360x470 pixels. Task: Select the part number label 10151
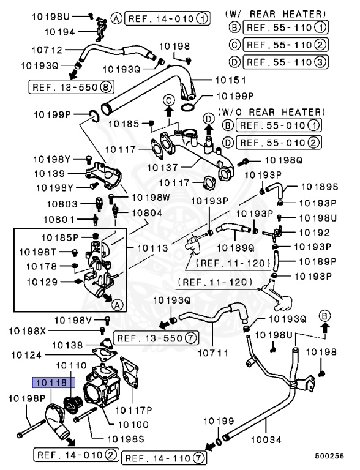(x=231, y=80)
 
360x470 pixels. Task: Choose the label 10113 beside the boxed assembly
(x=144, y=248)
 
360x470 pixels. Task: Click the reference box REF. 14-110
(x=164, y=457)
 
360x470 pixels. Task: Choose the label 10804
(x=147, y=212)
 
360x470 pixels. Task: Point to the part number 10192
(x=314, y=233)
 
